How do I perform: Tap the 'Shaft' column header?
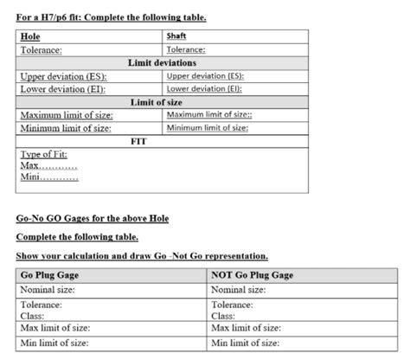[x=176, y=35]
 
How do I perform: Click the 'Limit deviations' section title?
[x=163, y=63]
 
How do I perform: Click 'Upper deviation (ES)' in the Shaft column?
[x=204, y=76]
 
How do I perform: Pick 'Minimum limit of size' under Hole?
[x=66, y=128]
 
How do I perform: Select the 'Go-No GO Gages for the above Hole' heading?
[x=93, y=218]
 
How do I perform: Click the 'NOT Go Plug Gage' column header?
[x=252, y=275]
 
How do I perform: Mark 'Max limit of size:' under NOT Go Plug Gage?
[x=246, y=328]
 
